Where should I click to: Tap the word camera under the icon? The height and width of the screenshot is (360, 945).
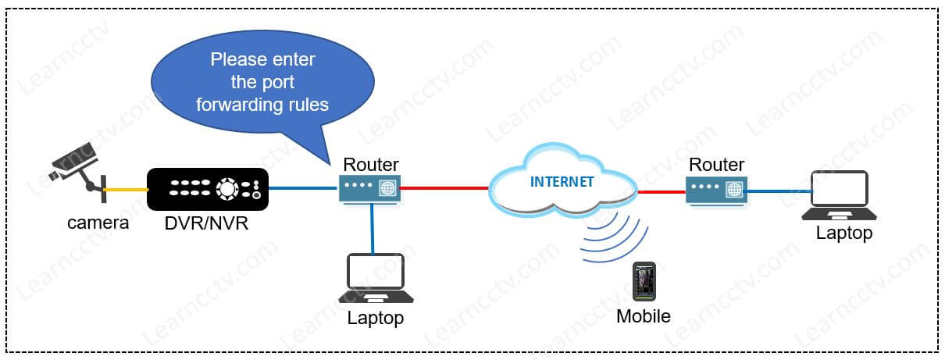(x=98, y=223)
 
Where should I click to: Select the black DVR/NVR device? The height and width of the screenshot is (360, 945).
(x=208, y=189)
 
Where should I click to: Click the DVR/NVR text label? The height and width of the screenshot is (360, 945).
(x=207, y=224)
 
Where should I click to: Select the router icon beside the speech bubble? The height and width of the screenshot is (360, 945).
(x=370, y=188)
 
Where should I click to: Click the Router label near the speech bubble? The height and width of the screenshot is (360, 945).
(x=371, y=164)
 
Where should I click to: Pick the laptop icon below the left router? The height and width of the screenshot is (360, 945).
(x=376, y=278)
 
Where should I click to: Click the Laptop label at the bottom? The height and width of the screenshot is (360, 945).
(x=376, y=318)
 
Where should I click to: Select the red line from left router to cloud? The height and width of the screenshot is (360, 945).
(x=445, y=188)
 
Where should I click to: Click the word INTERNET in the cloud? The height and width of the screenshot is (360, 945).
(x=562, y=182)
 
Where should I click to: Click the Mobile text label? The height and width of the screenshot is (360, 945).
(x=644, y=316)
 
